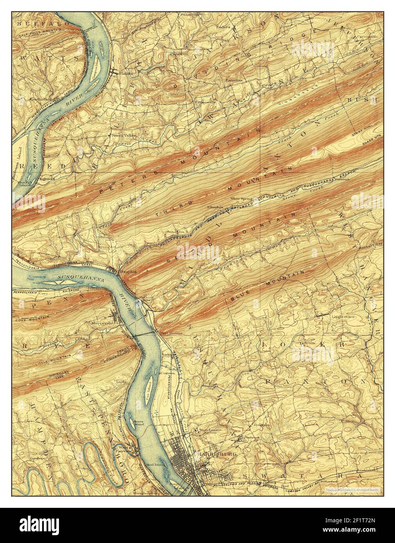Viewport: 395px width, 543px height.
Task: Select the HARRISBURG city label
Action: (213, 455)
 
